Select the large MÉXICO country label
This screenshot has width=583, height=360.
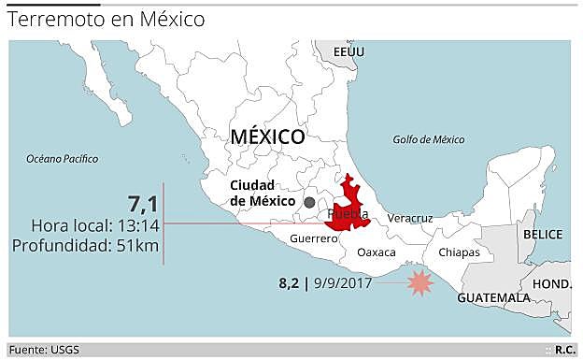(x=267, y=137)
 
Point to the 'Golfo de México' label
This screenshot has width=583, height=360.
(x=428, y=140)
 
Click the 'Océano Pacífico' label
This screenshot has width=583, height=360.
(x=63, y=158)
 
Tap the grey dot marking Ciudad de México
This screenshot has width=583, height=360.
(x=309, y=202)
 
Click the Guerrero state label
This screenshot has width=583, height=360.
(x=312, y=239)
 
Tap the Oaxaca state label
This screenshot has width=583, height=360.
(x=377, y=252)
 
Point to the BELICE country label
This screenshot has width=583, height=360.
(x=544, y=234)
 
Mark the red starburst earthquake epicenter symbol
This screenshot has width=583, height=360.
(x=421, y=281)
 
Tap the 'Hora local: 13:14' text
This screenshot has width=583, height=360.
(x=95, y=225)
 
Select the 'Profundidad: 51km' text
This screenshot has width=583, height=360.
(x=85, y=245)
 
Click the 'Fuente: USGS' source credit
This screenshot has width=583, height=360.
(x=47, y=350)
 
